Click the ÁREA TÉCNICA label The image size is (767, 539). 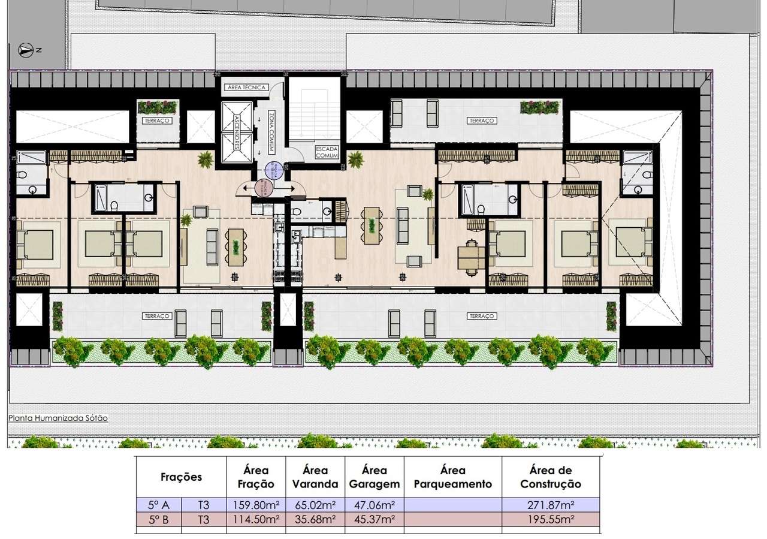245,88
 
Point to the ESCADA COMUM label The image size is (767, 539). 327,152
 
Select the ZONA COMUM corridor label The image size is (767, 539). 271,132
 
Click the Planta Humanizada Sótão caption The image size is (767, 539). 58,418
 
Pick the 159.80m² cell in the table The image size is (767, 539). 256,505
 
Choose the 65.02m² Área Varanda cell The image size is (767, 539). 315,505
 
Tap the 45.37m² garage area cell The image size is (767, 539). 375,520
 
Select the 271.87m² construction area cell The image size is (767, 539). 551,505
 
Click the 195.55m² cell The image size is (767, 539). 551,520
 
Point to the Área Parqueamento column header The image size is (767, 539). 453,477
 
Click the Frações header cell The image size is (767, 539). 181,477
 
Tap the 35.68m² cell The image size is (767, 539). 315,520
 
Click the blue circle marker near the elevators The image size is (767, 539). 273,171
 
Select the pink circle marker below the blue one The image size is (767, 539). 264,188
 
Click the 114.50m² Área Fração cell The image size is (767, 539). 256,520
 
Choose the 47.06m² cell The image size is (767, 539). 375,505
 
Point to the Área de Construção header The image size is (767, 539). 551,477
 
